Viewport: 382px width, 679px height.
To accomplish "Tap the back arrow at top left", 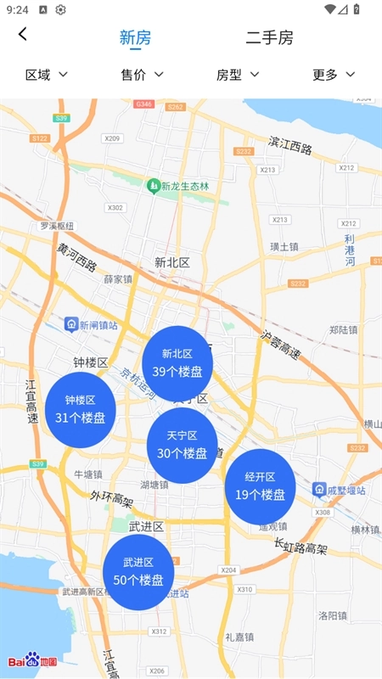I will click(23, 35).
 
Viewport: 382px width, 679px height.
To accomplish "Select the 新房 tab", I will click(135, 37).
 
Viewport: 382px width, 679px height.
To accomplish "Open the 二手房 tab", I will click(269, 37).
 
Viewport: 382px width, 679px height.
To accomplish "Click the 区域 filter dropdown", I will click(47, 75).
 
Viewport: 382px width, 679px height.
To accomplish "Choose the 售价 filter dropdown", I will click(142, 75).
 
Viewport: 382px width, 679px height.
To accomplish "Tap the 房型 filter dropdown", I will click(238, 75).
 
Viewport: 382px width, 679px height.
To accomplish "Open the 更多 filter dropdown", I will click(333, 75).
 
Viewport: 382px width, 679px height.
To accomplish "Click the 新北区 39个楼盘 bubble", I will click(177, 362).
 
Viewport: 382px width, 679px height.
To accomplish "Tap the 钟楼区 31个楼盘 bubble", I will click(80, 408).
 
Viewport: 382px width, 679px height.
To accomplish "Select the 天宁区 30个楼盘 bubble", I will click(182, 445).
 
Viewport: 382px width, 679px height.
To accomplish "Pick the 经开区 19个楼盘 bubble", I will click(260, 485).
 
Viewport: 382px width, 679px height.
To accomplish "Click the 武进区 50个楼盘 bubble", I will click(138, 571).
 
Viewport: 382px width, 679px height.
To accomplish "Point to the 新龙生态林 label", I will click(184, 186).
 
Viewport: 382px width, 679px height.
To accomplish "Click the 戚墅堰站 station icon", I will click(319, 490).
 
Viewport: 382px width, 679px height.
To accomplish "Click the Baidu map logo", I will click(32, 660).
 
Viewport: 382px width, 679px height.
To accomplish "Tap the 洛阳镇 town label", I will click(333, 614).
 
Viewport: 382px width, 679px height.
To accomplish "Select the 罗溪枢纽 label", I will click(57, 226).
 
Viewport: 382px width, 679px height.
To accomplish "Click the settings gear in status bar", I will click(61, 9).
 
